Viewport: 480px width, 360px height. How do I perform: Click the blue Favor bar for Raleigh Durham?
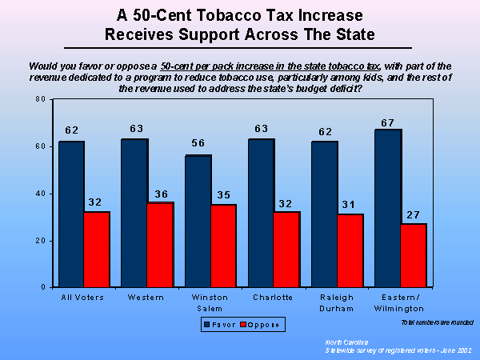click(x=325, y=214)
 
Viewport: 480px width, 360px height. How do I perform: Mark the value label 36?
click(x=161, y=193)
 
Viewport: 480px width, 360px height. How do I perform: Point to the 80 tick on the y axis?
click(x=39, y=99)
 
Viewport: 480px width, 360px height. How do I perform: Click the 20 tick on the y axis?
click(x=39, y=241)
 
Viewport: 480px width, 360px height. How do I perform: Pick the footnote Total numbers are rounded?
click(x=438, y=322)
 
